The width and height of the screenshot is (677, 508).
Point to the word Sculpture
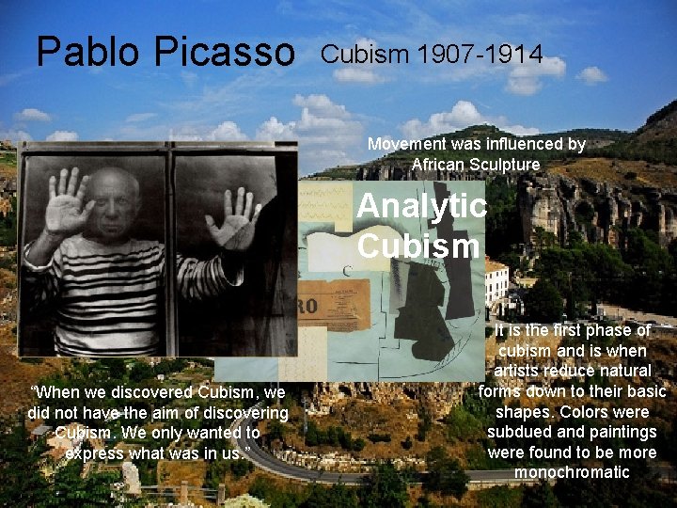coord(509,165)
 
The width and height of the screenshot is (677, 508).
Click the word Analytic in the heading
coord(421,205)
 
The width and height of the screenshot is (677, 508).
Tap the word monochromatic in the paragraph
coord(572,472)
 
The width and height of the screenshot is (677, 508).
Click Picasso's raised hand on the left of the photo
coord(69,200)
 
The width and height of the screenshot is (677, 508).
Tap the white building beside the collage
coord(496,283)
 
